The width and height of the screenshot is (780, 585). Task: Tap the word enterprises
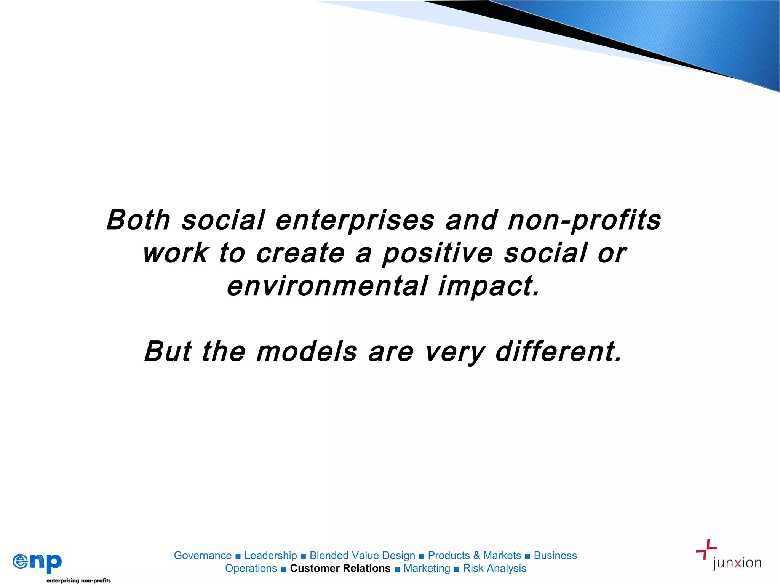pyautogui.click(x=355, y=221)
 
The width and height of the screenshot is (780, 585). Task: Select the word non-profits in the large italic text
pyautogui.click(x=584, y=221)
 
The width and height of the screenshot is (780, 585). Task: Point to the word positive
pyautogui.click(x=438, y=254)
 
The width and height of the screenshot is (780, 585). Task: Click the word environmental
pyautogui.click(x=328, y=286)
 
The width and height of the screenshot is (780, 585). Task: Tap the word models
pyautogui.click(x=307, y=352)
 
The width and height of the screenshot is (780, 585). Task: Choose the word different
pyautogui.click(x=558, y=352)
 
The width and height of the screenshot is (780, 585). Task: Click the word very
pyautogui.click(x=455, y=352)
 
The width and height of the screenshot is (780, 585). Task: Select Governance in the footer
pyautogui.click(x=203, y=556)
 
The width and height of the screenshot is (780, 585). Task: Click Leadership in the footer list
pyautogui.click(x=270, y=556)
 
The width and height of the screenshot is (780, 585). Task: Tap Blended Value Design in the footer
pyautogui.click(x=362, y=556)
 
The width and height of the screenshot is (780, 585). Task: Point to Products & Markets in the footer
pyautogui.click(x=474, y=556)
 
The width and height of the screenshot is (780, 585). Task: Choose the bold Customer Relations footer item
pyautogui.click(x=340, y=568)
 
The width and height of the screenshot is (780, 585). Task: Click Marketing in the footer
pyautogui.click(x=427, y=568)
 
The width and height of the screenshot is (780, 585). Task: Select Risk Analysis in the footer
pyautogui.click(x=494, y=568)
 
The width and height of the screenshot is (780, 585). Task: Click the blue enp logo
pyautogui.click(x=37, y=562)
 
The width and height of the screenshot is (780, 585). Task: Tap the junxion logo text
pyautogui.click(x=737, y=563)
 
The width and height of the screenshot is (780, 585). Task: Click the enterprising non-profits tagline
pyautogui.click(x=78, y=580)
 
